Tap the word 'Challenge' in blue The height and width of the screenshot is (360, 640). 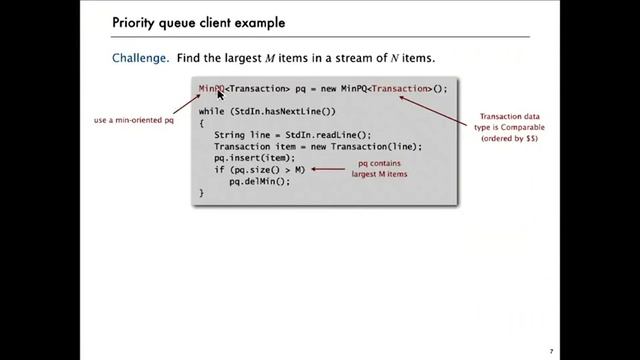point(142,58)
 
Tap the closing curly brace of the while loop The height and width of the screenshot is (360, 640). point(201,192)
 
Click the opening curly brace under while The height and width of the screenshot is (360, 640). point(201,123)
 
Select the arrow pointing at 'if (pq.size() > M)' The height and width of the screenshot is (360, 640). point(326,169)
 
